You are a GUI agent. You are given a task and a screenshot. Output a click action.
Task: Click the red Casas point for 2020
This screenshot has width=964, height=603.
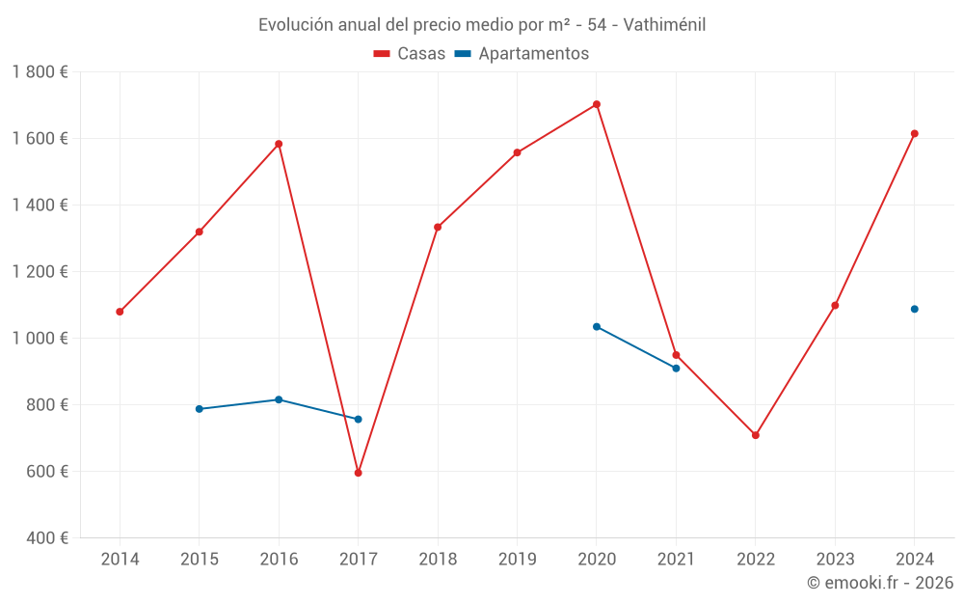[x=597, y=104]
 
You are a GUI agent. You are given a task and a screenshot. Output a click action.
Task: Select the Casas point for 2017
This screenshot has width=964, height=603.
[x=358, y=473]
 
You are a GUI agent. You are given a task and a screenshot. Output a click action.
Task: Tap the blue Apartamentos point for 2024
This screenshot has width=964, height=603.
[x=915, y=309]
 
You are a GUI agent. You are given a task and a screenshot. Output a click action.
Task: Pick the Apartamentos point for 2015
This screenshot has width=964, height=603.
[x=200, y=409]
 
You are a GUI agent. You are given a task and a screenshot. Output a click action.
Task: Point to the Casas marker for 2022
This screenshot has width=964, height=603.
[x=756, y=435]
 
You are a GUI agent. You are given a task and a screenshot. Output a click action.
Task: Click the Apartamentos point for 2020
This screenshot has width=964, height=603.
[x=597, y=326]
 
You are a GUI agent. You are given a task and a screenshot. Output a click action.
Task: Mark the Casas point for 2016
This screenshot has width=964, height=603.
[x=279, y=144]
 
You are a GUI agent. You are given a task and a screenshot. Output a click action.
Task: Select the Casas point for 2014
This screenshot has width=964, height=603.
[x=120, y=312]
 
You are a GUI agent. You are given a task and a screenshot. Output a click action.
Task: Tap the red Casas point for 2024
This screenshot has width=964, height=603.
[x=915, y=133]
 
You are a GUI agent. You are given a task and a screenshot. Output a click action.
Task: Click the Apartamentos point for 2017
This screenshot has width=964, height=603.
[x=358, y=419]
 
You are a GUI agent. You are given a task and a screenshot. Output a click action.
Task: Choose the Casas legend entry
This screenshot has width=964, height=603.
[x=410, y=54]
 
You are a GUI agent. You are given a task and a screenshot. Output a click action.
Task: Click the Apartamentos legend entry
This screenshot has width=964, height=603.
[x=522, y=54]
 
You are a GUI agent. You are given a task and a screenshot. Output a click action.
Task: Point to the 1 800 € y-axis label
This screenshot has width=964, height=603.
[x=40, y=72]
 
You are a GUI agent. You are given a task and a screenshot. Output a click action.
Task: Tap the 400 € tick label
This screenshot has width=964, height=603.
[x=46, y=538]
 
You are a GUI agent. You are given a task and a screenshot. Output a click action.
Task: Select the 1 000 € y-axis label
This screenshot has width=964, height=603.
[x=40, y=339]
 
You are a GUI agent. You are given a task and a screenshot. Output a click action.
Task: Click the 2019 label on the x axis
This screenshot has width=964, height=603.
[x=517, y=560]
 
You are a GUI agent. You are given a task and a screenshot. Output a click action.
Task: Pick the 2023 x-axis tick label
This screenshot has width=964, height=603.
[x=835, y=560]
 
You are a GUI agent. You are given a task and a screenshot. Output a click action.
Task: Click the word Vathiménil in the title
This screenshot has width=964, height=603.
[x=664, y=25]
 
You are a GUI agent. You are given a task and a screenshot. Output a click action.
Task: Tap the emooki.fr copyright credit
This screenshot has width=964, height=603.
[x=879, y=583]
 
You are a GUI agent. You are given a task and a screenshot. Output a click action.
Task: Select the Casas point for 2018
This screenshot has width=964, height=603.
[x=438, y=227]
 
